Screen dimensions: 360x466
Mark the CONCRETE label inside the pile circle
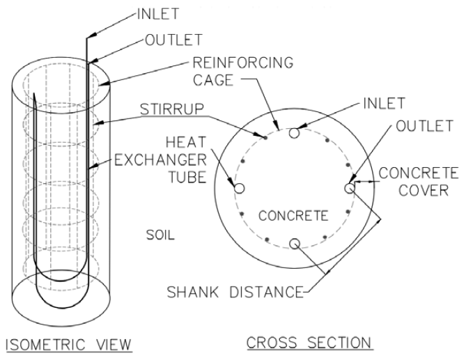[x=293, y=215]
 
